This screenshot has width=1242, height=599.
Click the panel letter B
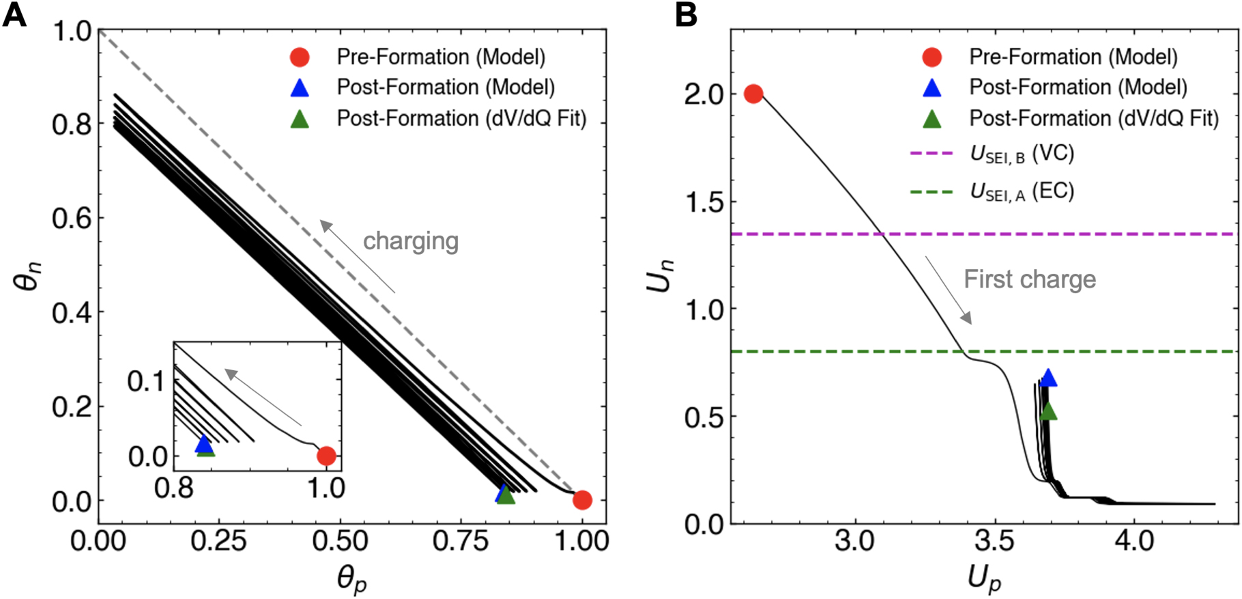[x=686, y=14]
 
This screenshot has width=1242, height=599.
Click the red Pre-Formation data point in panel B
[x=753, y=94]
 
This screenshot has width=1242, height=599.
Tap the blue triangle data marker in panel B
[x=1048, y=378]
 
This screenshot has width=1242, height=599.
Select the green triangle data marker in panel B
[x=1048, y=411]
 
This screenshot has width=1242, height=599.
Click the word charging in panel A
[x=410, y=241]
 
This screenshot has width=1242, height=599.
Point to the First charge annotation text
[x=1029, y=279]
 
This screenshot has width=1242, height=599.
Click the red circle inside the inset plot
[x=326, y=456]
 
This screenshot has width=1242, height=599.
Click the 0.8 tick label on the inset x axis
[x=174, y=488]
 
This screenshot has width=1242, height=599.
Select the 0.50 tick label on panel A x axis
[x=340, y=541]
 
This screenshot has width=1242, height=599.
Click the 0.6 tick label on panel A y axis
[x=71, y=219]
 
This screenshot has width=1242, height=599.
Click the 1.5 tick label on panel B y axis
[x=704, y=202]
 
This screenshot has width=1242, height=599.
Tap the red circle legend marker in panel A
[x=300, y=57]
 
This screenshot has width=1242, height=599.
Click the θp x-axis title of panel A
[x=352, y=580]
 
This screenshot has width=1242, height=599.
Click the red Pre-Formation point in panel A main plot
[x=582, y=500]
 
